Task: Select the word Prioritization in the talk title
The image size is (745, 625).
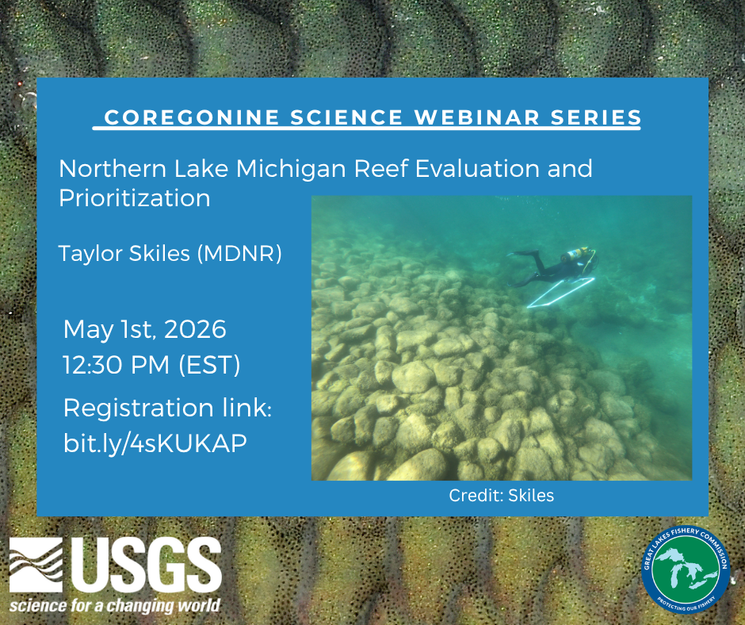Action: point(135,197)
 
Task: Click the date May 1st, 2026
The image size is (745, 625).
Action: point(144,328)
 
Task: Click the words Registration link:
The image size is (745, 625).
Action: point(167,408)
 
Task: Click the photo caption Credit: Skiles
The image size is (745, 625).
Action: point(501,496)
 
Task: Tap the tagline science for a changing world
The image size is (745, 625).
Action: point(115,606)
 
